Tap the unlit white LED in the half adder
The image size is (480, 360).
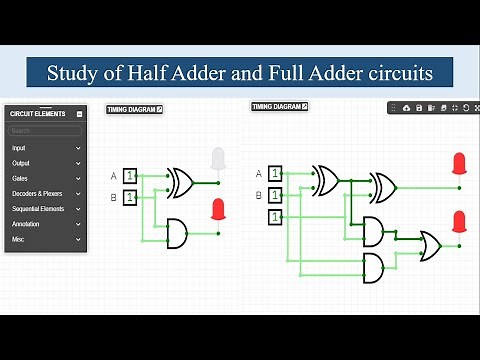219,160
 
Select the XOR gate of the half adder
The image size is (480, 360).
180,182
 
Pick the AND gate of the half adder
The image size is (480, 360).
176,233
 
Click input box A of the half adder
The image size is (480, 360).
130,177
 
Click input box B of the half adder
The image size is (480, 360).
130,198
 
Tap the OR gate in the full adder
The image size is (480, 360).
429,243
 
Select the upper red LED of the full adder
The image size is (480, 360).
459,164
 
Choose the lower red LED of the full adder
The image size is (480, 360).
459,221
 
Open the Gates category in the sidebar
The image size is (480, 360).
45,178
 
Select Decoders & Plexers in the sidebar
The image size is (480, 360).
45,193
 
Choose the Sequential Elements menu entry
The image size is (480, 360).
45,209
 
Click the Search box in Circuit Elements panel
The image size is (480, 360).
45,131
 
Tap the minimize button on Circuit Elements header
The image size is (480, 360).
79,114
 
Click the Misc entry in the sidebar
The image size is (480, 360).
45,240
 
